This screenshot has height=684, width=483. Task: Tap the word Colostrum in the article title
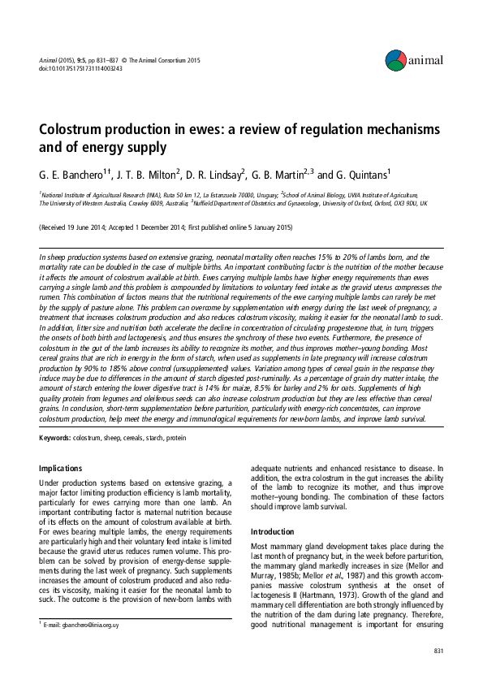click(77, 131)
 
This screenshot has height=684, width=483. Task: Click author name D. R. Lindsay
click(212, 175)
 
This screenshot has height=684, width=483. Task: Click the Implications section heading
click(61, 468)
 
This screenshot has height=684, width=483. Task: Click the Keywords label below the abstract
click(54, 439)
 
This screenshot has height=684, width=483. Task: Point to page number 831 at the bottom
click(439, 652)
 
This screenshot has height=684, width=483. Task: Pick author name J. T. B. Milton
click(143, 175)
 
